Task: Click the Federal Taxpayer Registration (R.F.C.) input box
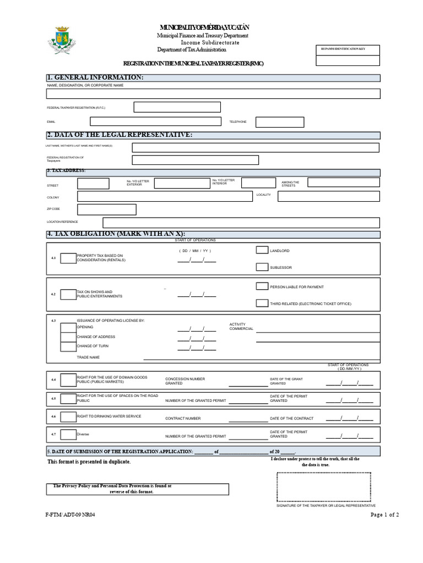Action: pyautogui.click(x=177, y=107)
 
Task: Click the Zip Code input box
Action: pyautogui.click(x=107, y=209)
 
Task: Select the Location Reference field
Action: pyautogui.click(x=241, y=222)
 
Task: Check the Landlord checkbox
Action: pyautogui.click(x=262, y=250)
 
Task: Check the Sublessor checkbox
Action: pyautogui.click(x=262, y=267)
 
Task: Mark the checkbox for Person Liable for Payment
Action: pyautogui.click(x=262, y=286)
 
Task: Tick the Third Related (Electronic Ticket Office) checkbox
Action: pyautogui.click(x=262, y=303)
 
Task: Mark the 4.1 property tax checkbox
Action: pyautogui.click(x=68, y=258)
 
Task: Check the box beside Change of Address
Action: pyautogui.click(x=68, y=336)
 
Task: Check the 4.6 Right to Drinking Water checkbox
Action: pyautogui.click(x=68, y=417)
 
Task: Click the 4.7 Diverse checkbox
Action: pyautogui.click(x=68, y=435)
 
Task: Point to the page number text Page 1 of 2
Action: pyautogui.click(x=384, y=515)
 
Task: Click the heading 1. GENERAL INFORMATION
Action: pyautogui.click(x=96, y=78)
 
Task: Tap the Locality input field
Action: pyautogui.click(x=328, y=196)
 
